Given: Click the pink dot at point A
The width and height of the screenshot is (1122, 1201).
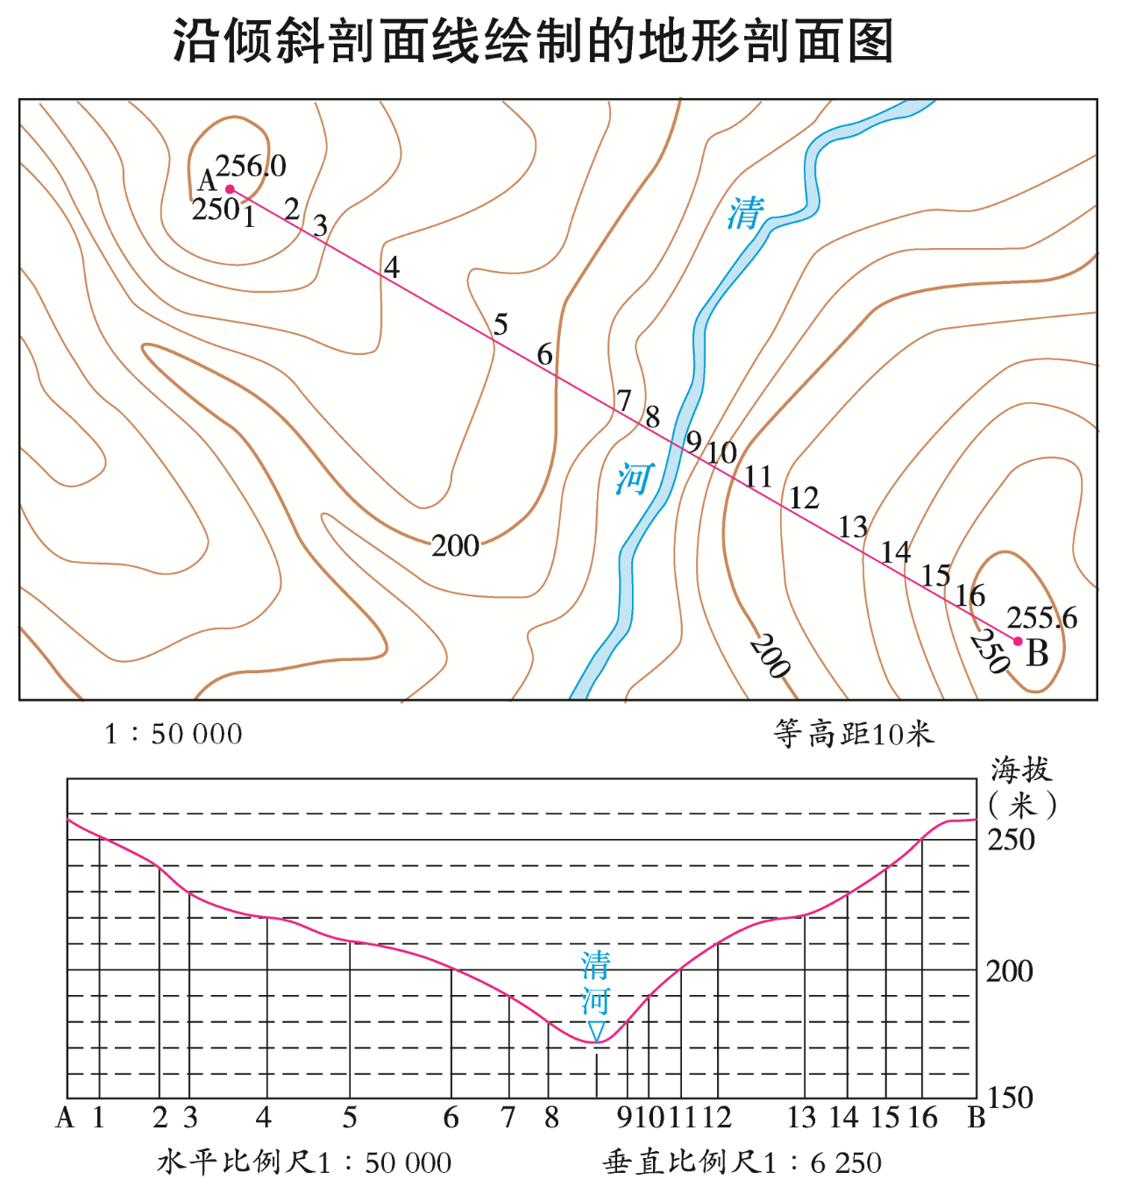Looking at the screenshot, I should pos(230,188).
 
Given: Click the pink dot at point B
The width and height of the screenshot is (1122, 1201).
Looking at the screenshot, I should pos(1018,641).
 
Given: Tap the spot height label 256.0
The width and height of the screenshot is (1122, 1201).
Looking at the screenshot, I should pos(251,166).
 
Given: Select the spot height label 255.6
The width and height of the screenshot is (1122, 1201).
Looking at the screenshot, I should pos(1041,618).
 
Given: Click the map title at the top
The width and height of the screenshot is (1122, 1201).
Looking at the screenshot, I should pos(532,40).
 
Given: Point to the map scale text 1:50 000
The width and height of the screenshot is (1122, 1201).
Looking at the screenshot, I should pos(174,734).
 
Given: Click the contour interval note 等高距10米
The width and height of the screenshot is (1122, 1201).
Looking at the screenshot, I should pos(854,733).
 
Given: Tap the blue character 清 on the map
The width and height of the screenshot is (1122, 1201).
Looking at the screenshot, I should pos(745,213).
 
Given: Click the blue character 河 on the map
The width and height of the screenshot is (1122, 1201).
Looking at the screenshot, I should pos(635,479).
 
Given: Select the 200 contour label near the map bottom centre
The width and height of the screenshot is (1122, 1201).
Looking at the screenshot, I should pos(455,546).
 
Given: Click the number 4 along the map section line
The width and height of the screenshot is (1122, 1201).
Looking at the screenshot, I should pos(391,266).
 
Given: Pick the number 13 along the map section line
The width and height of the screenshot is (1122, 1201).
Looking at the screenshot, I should pos(852,527).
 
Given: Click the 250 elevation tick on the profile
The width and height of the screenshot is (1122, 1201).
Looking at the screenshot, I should pos(1011,840).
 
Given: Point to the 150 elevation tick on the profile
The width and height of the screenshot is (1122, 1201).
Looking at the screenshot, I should pos(1010,1098).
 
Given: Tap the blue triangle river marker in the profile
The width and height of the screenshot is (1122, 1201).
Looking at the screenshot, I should pos(596,1031).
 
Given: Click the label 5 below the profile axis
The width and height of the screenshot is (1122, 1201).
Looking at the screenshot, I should pos(350,1118).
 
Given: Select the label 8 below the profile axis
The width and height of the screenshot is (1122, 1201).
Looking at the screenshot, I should pos(551,1118).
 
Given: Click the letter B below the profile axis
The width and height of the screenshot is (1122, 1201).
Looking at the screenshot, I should pos(976,1118).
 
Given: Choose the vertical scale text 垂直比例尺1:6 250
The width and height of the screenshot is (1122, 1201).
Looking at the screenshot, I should pos(742,1162).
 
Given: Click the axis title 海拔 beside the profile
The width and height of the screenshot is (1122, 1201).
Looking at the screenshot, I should pos(1020,771).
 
